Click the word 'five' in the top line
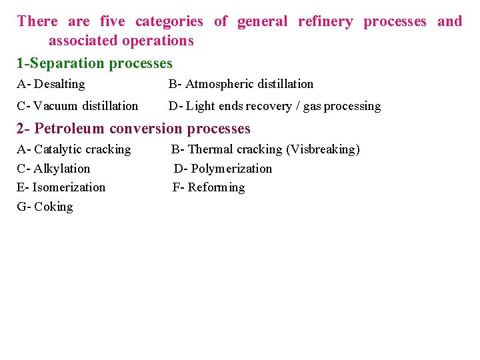click(x=112, y=21)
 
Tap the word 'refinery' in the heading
click(x=325, y=21)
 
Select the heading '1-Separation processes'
click(x=95, y=63)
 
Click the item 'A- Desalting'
click(x=51, y=84)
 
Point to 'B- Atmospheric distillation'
click(x=241, y=84)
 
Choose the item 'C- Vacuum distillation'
click(x=77, y=106)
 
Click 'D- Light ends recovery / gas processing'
click(x=275, y=106)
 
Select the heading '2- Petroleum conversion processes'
click(x=133, y=128)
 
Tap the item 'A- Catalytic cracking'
click(x=74, y=149)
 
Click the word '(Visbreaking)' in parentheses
click(x=323, y=149)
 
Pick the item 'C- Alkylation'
click(x=53, y=169)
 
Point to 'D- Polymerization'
click(x=223, y=169)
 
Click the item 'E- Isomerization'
click(x=61, y=187)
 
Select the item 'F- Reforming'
click(x=209, y=187)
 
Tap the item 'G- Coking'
click(x=45, y=207)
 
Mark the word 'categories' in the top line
click(x=169, y=21)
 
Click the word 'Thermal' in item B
click(x=211, y=149)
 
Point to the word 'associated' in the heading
click(x=81, y=41)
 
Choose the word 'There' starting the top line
click(x=37, y=21)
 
